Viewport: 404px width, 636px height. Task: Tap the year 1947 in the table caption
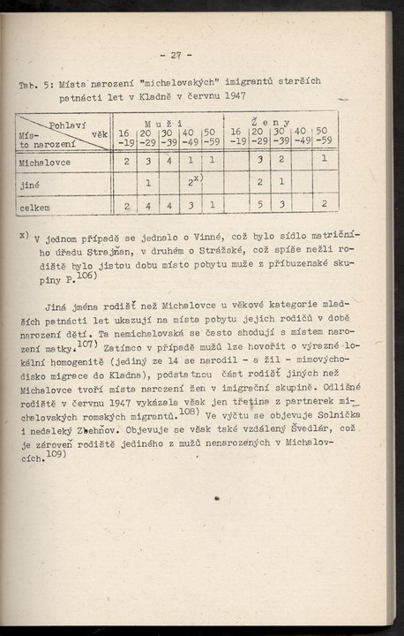(x=234, y=96)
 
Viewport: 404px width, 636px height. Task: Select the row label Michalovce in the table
(x=45, y=163)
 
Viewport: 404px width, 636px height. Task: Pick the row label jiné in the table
(x=29, y=185)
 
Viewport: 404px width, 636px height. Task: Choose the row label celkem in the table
(x=35, y=208)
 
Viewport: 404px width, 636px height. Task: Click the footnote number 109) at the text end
(x=56, y=456)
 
